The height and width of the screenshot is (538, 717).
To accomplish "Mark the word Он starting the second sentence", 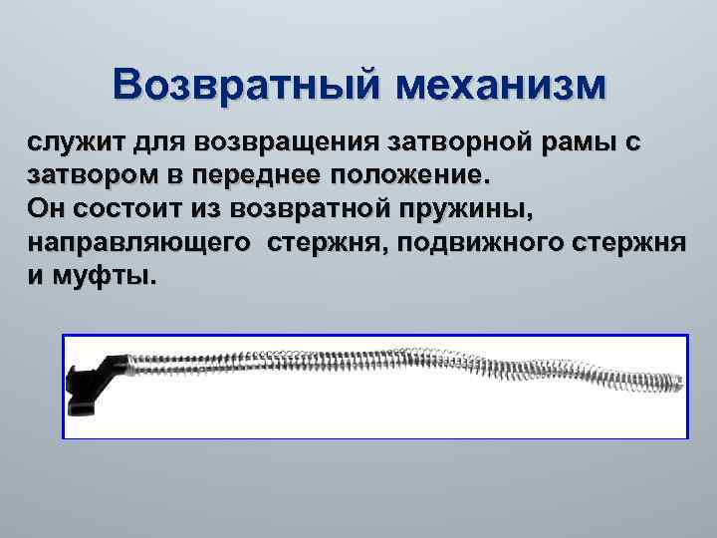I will pyautogui.click(x=45, y=209).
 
